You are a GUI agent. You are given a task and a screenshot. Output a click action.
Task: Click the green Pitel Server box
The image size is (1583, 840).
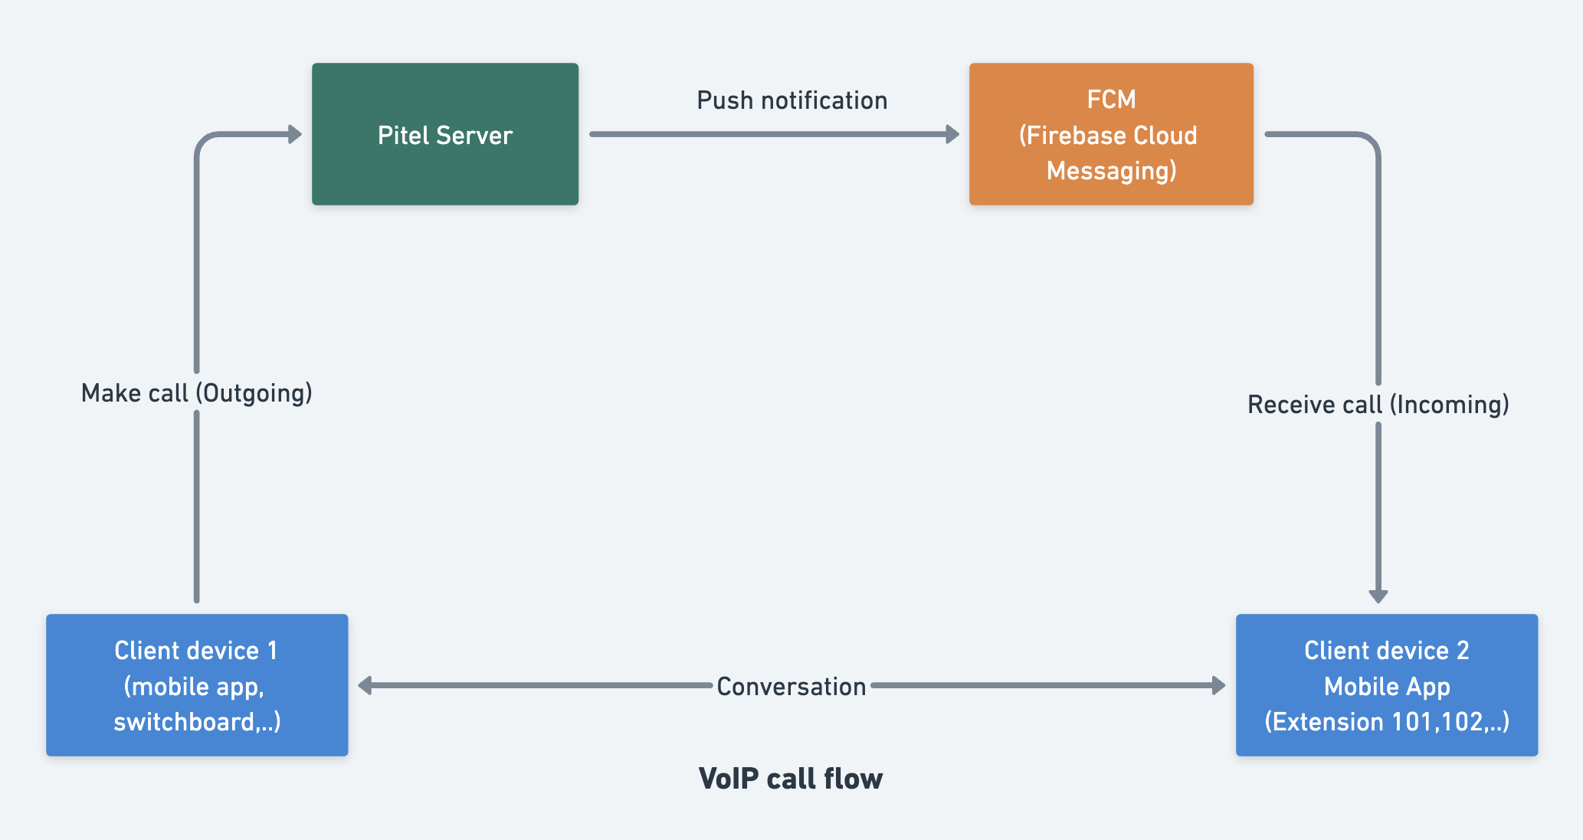444,134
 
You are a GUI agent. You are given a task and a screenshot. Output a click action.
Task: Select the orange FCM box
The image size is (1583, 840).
1111,134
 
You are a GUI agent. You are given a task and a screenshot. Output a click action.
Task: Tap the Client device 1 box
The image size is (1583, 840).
197,684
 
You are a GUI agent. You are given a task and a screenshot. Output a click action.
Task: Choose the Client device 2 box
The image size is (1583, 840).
1386,684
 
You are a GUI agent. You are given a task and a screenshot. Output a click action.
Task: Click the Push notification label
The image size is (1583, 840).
791,100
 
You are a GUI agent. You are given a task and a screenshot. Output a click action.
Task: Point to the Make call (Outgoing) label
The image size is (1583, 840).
197,393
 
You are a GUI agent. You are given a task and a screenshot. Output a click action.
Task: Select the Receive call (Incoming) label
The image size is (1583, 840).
1378,405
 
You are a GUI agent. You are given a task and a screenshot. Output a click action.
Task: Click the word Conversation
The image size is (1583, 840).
791,686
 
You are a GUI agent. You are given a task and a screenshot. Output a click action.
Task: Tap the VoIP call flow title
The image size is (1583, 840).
791,779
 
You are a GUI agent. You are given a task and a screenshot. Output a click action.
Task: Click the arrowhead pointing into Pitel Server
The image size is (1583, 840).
295,134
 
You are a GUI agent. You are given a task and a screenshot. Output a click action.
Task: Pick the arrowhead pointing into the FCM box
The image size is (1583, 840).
952,134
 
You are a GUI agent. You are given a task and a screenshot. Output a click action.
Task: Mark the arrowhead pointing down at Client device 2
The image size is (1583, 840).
1378,596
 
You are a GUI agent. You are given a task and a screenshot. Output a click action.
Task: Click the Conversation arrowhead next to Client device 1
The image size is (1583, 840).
365,685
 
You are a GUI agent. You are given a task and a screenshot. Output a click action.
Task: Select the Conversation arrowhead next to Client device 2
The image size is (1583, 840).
1218,685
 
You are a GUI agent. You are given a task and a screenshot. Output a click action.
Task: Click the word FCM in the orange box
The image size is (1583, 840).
1111,100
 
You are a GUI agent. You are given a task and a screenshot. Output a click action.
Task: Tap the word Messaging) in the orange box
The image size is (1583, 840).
1111,170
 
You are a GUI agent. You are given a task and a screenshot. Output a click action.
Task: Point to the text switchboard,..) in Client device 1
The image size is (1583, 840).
197,721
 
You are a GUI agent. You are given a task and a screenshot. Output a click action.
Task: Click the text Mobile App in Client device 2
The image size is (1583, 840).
1386,686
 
